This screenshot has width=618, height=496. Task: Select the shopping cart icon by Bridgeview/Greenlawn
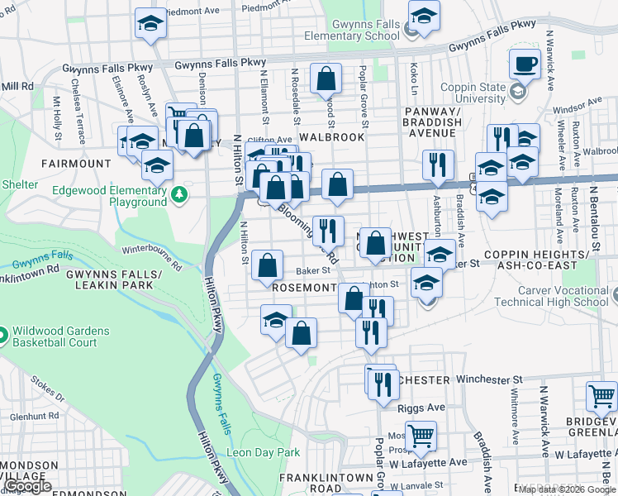pyautogui.click(x=601, y=397)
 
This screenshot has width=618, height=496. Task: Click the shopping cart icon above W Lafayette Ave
pyautogui.click(x=421, y=435)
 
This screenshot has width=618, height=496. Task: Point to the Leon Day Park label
pyautogui.click(x=264, y=452)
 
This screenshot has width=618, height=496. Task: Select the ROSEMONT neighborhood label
pyautogui.click(x=305, y=287)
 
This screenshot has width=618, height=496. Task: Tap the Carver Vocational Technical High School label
pyautogui.click(x=563, y=296)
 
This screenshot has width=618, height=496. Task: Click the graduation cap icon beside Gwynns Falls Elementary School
pyautogui.click(x=423, y=17)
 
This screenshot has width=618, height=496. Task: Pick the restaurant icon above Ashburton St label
pyautogui.click(x=438, y=165)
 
